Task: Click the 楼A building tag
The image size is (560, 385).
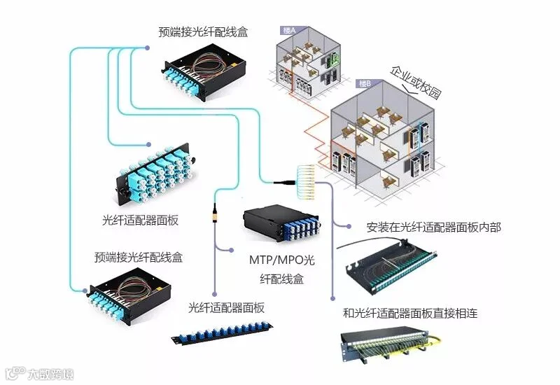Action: click(288, 30)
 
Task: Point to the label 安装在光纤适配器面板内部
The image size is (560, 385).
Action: click(433, 228)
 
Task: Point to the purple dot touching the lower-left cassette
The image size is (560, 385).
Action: click(88, 289)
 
